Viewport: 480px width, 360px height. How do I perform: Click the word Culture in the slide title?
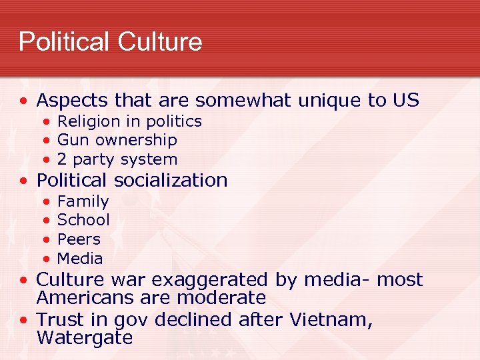[159, 42]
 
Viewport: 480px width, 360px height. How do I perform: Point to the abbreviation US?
[405, 101]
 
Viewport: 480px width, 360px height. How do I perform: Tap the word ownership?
[137, 141]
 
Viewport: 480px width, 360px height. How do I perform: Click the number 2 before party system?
[62, 159]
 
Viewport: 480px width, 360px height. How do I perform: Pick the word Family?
[83, 201]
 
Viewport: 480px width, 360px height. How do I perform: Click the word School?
[83, 220]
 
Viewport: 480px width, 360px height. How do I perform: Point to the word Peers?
[79, 239]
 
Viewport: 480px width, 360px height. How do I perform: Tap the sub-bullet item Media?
[80, 258]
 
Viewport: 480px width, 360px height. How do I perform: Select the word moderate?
[219, 297]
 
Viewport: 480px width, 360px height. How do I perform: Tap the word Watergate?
[85, 337]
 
